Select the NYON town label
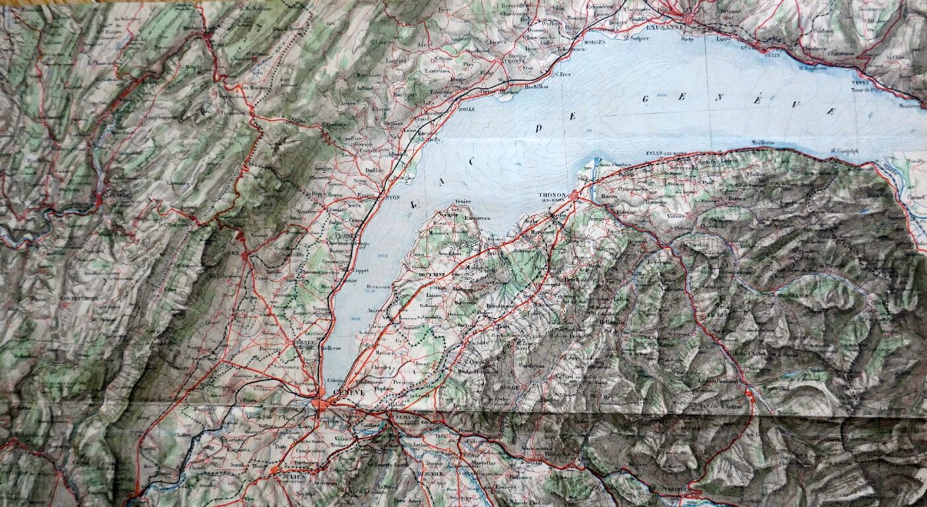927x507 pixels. tap(392, 197)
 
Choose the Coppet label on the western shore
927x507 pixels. tap(358, 271)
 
